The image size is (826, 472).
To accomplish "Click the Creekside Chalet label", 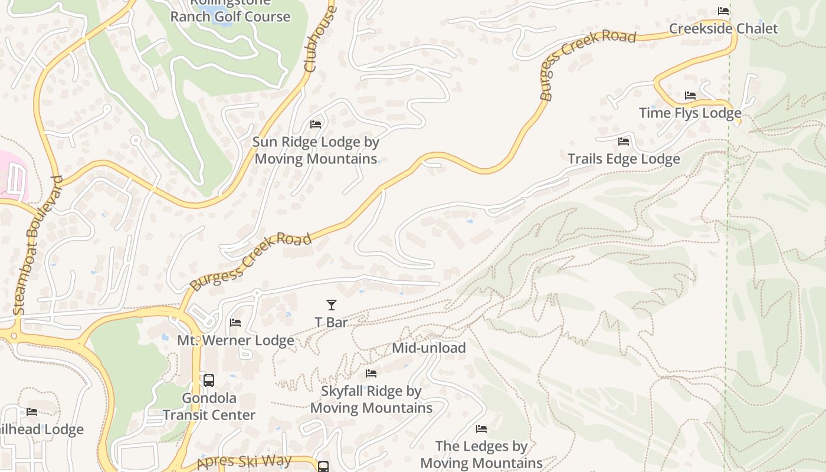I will (723, 29).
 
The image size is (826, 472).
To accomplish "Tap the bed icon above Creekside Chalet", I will (723, 11).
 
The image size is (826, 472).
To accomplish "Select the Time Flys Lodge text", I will (690, 113).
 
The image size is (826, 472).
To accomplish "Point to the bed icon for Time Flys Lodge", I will (690, 96).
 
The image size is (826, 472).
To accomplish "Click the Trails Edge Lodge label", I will (624, 159).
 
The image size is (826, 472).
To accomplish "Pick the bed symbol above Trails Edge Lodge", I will (624, 142).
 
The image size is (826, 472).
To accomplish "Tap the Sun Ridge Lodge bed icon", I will (316, 124).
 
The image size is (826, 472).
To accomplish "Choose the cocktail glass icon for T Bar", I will (332, 305).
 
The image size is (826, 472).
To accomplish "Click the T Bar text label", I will (332, 322).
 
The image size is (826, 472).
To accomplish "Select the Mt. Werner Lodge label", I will (235, 340).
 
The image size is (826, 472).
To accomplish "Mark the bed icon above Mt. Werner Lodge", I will (235, 323).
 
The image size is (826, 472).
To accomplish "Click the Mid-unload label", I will (429, 348).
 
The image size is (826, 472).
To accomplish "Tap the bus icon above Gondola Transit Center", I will (209, 381).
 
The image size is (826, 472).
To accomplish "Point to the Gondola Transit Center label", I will (209, 407).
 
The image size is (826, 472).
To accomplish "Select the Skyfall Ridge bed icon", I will (371, 373).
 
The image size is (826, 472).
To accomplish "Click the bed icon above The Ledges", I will (481, 429).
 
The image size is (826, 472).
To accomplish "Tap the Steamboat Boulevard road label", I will (37, 245).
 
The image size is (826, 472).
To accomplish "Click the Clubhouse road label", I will (319, 39).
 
